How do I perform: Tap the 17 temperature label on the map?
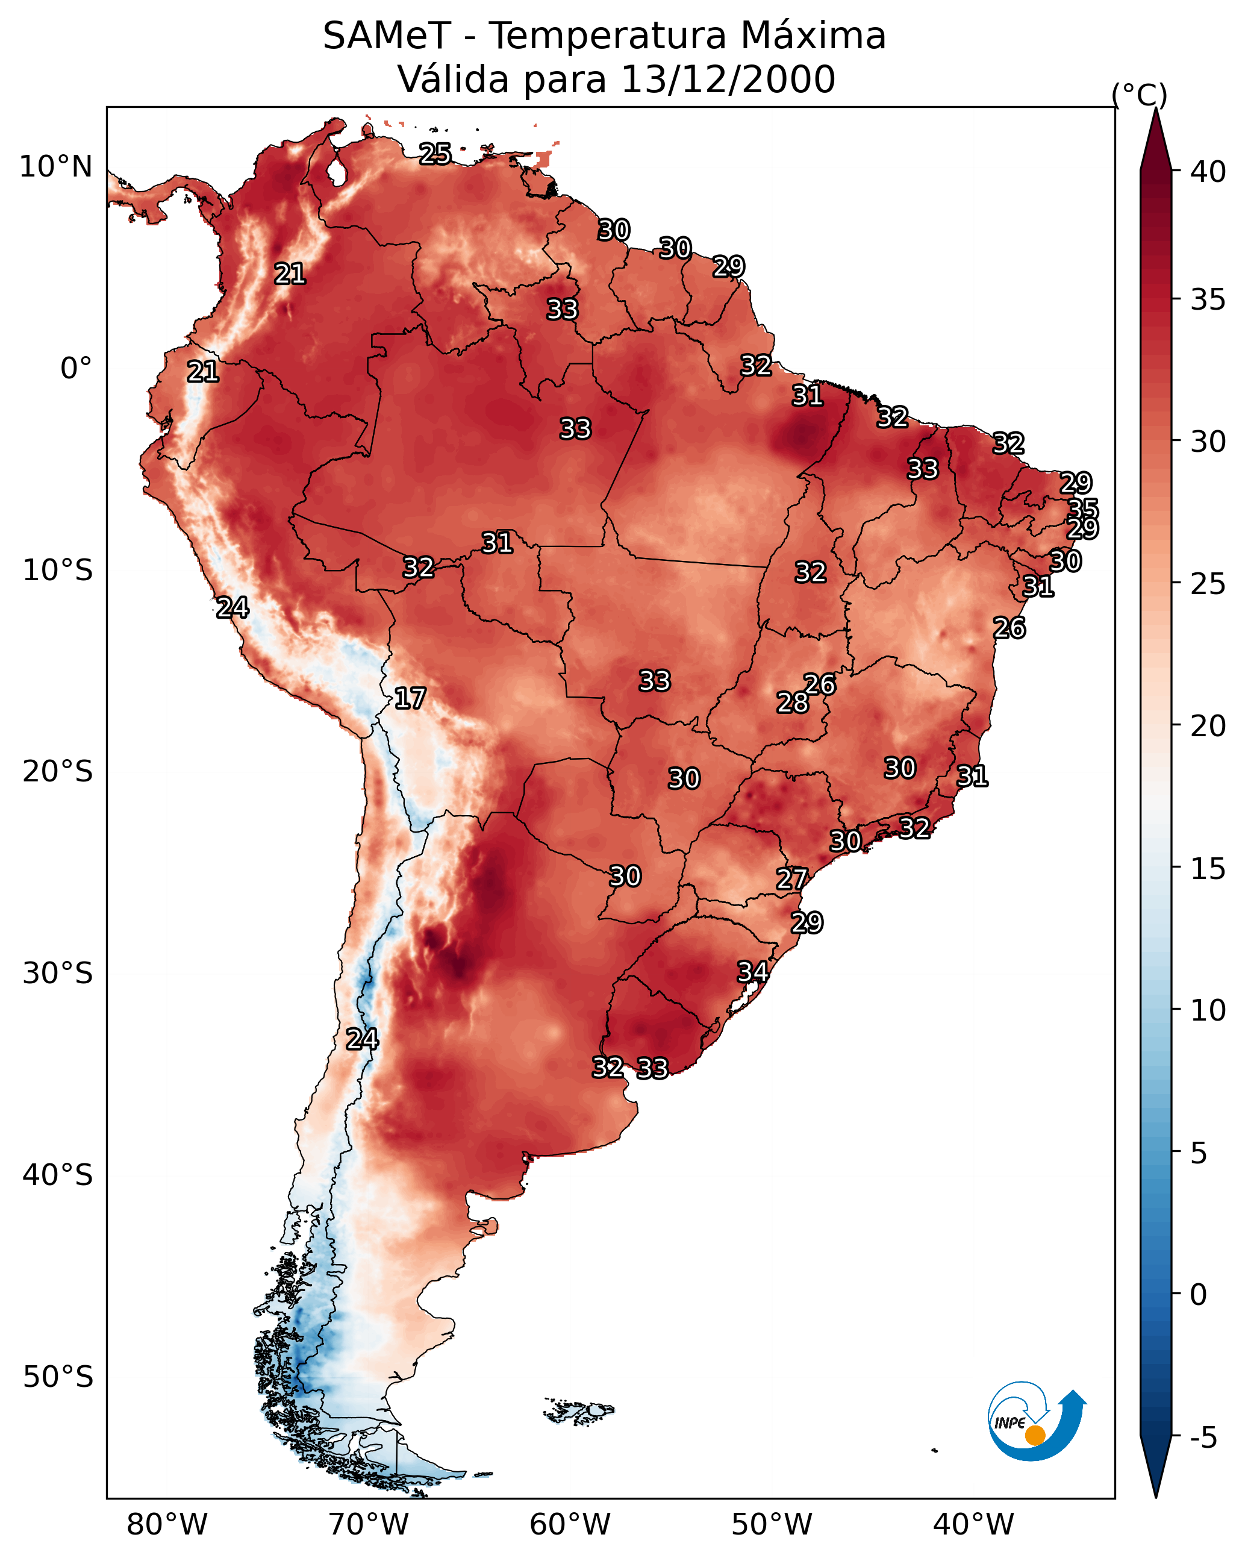point(410,698)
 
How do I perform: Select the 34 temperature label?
point(752,971)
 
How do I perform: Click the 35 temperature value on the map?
point(1082,508)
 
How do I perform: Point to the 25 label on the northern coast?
point(435,153)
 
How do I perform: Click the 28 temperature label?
point(792,702)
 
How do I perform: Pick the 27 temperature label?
point(791,879)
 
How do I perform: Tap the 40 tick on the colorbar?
point(1208,172)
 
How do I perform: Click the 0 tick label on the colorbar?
point(1198,1295)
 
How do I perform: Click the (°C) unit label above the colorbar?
point(1140,95)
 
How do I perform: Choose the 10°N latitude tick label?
point(55,167)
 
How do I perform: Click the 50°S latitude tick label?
point(58,1377)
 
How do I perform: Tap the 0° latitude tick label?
point(76,369)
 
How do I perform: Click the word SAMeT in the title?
point(387,36)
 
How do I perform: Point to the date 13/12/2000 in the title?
point(728,80)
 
